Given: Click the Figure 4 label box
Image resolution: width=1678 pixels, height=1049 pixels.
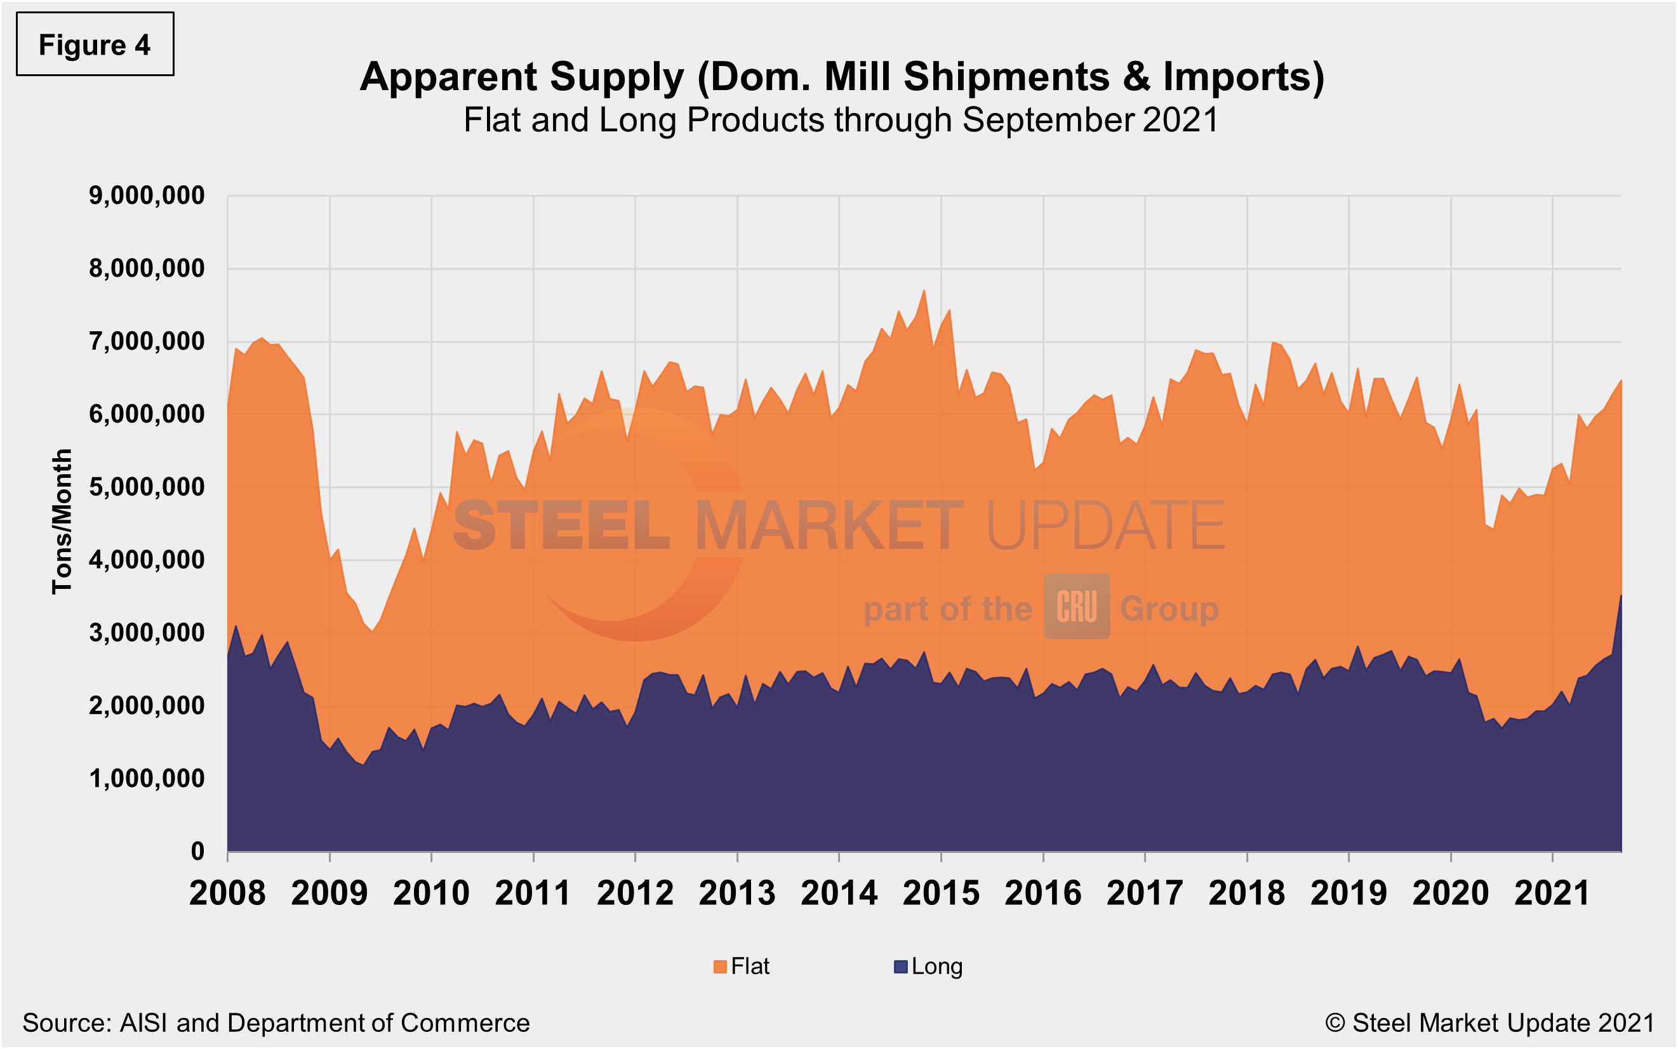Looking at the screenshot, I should pyautogui.click(x=95, y=44).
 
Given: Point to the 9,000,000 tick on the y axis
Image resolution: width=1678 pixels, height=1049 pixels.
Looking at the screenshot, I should pyautogui.click(x=147, y=195).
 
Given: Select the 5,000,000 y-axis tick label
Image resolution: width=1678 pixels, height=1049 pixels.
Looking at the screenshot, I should pyautogui.click(x=147, y=487).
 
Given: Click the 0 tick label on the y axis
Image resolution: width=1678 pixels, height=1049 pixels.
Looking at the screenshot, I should pyautogui.click(x=198, y=851).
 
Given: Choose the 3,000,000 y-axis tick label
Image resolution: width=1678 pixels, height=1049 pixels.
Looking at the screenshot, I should pyautogui.click(x=147, y=633).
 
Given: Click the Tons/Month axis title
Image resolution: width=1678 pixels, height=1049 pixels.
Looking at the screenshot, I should pyautogui.click(x=62, y=521).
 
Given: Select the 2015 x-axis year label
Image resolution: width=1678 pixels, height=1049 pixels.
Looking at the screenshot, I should pyautogui.click(x=940, y=893).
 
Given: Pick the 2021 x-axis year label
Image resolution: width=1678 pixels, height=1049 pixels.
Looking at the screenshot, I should pyautogui.click(x=1552, y=893).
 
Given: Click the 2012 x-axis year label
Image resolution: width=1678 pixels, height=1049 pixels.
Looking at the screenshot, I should pyautogui.click(x=635, y=893).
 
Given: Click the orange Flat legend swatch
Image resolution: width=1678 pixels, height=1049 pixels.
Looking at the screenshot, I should pyautogui.click(x=719, y=967).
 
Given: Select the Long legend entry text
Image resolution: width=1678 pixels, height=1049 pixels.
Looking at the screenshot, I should pyautogui.click(x=936, y=967).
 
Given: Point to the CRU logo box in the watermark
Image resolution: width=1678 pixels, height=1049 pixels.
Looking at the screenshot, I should pyautogui.click(x=1076, y=607).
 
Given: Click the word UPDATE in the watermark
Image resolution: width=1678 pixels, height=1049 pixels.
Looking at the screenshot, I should pyautogui.click(x=1105, y=525).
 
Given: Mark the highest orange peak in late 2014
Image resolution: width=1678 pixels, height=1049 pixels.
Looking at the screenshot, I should pyautogui.click(x=924, y=291).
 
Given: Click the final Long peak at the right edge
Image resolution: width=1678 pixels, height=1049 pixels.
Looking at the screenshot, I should pyautogui.click(x=1620, y=596).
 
